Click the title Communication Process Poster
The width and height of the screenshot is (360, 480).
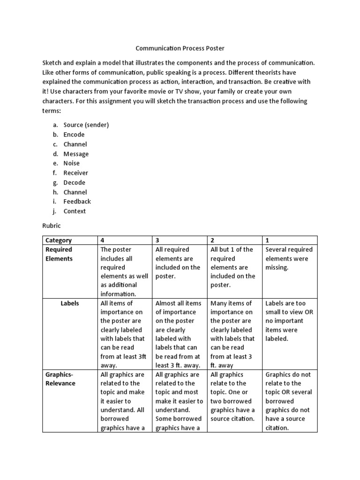pyautogui.click(x=180, y=48)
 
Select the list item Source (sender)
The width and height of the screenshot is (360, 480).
pyautogui.click(x=86, y=125)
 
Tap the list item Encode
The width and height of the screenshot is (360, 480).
pyautogui.click(x=74, y=135)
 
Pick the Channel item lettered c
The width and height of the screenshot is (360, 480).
pyautogui.click(x=75, y=144)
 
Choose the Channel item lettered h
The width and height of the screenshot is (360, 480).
pyautogui.click(x=75, y=192)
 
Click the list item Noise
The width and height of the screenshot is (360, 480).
pyautogui.click(x=72, y=163)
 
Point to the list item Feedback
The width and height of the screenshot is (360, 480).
pyautogui.click(x=77, y=202)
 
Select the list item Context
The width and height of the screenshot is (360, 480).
pyautogui.click(x=75, y=211)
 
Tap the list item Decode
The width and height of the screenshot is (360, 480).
pyautogui.click(x=75, y=182)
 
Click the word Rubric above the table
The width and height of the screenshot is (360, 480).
pyautogui.click(x=52, y=226)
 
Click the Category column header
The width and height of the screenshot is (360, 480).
pyautogui.click(x=59, y=240)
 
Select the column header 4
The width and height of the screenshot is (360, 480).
pyautogui.click(x=103, y=240)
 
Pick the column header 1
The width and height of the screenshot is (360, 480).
pyautogui.click(x=267, y=240)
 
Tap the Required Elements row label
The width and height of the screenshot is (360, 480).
pyautogui.click(x=59, y=254)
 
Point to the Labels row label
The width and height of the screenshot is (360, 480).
pyautogui.click(x=70, y=303)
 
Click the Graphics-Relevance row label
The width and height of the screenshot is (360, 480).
pyautogui.click(x=60, y=379)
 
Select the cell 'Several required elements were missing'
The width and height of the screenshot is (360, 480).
pyautogui.click(x=289, y=258)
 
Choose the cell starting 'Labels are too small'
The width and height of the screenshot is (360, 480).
pyautogui.click(x=286, y=321)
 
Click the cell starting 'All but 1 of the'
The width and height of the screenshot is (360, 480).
pyautogui.click(x=232, y=267)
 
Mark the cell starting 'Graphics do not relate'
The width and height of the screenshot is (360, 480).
pyautogui.click(x=288, y=401)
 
